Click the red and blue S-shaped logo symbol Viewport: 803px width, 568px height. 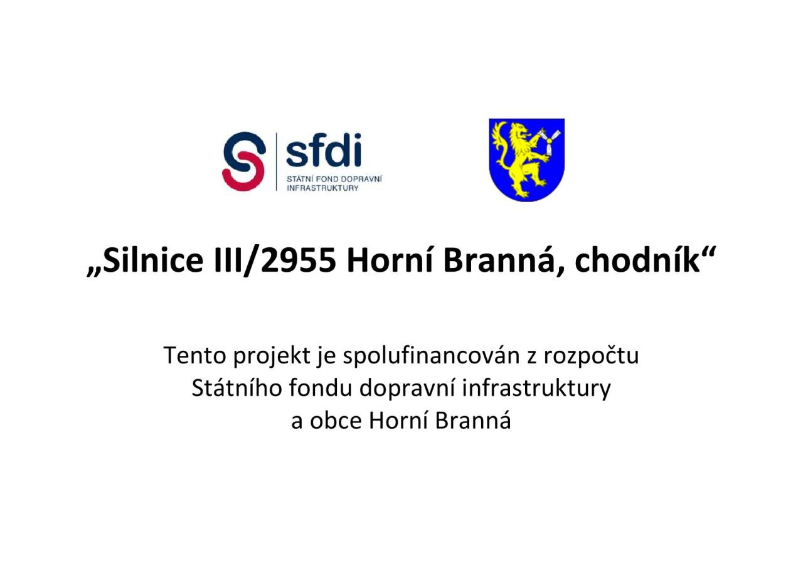(x=244, y=161)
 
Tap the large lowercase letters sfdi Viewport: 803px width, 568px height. (x=324, y=150)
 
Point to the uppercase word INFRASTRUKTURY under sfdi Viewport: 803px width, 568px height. (x=322, y=188)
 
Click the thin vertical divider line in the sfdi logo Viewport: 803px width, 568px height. (x=277, y=161)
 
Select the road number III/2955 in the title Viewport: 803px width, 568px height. (x=275, y=262)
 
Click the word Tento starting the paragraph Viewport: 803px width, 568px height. (x=195, y=356)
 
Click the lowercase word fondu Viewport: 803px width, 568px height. (x=320, y=388)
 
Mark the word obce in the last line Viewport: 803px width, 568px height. (x=336, y=421)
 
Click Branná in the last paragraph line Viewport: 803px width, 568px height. (x=473, y=421)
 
